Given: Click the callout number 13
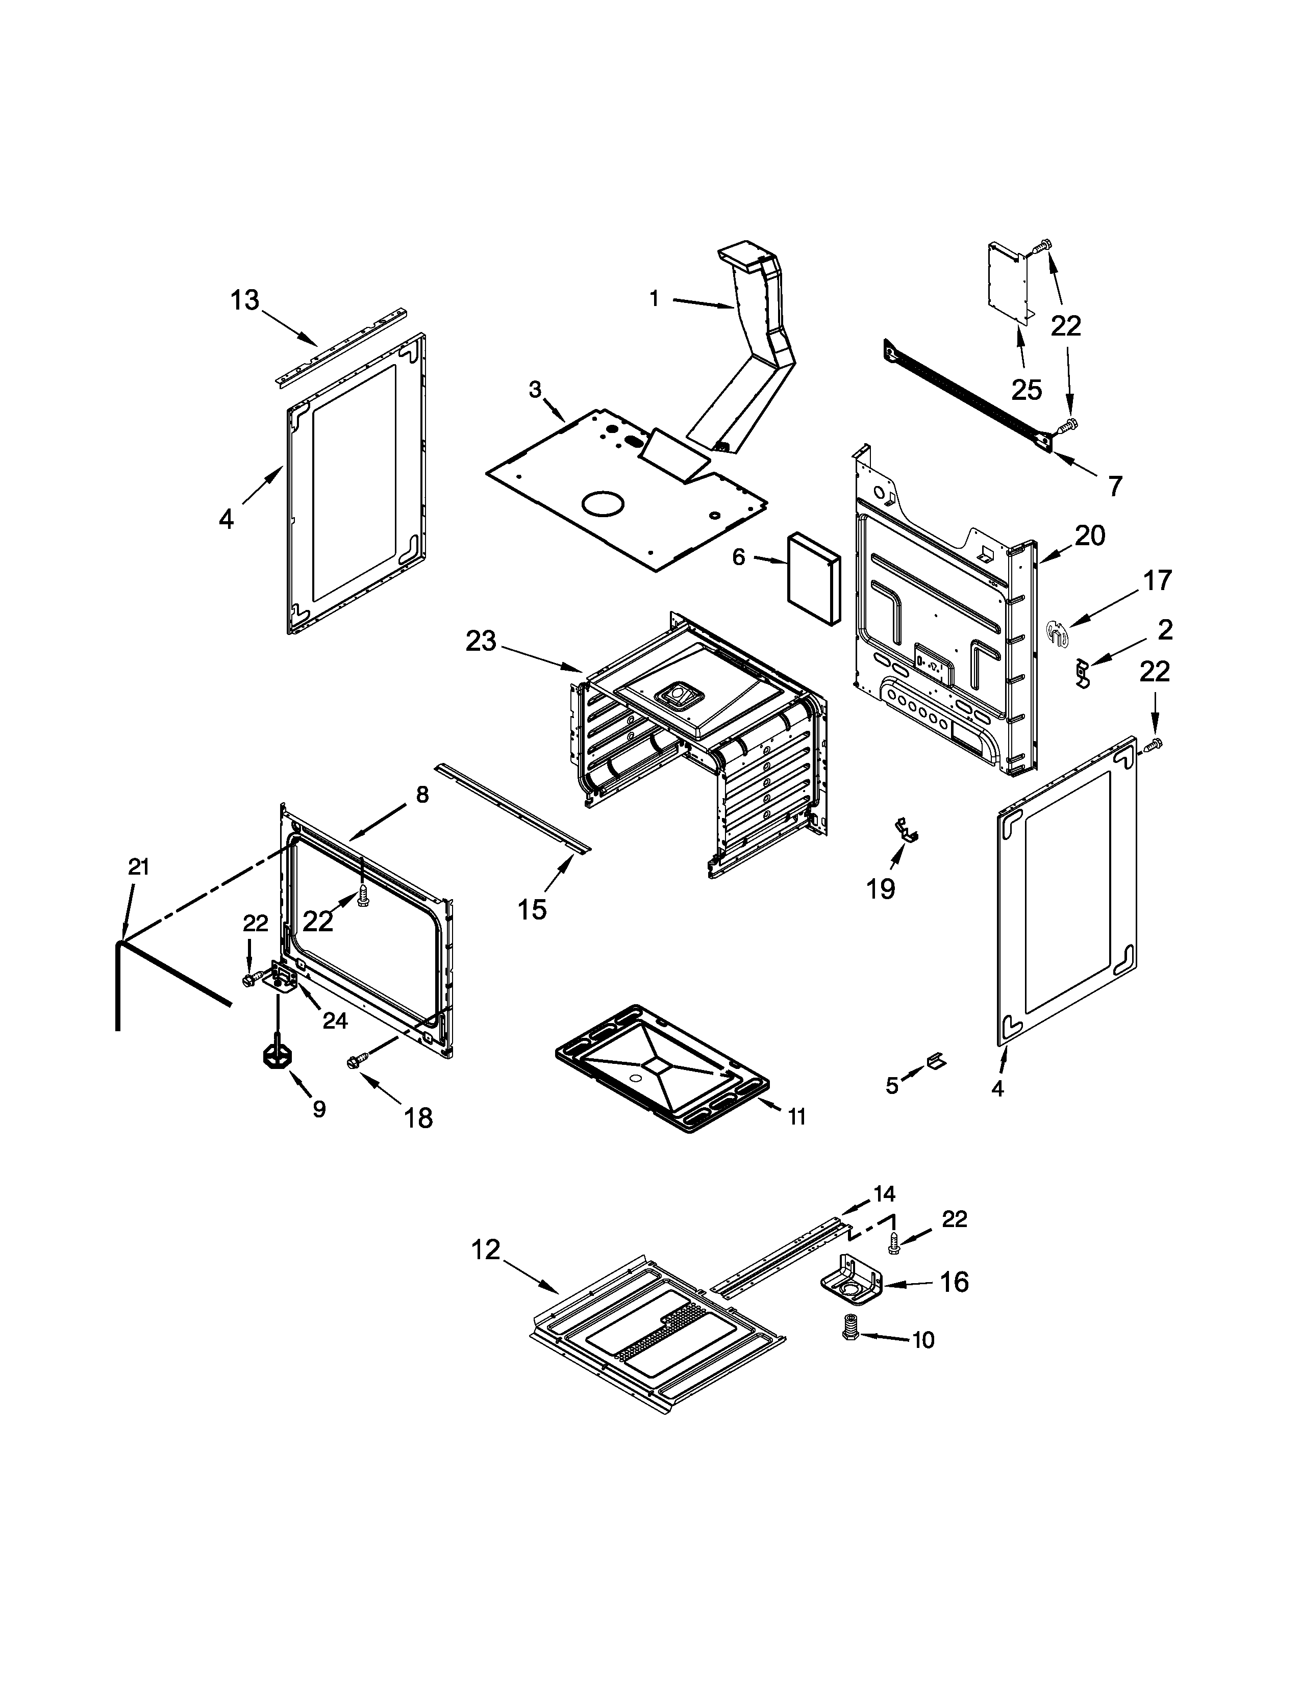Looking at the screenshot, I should tap(245, 300).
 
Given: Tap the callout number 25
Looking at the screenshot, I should tap(1026, 390).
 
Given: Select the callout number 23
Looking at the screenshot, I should tap(481, 641).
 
